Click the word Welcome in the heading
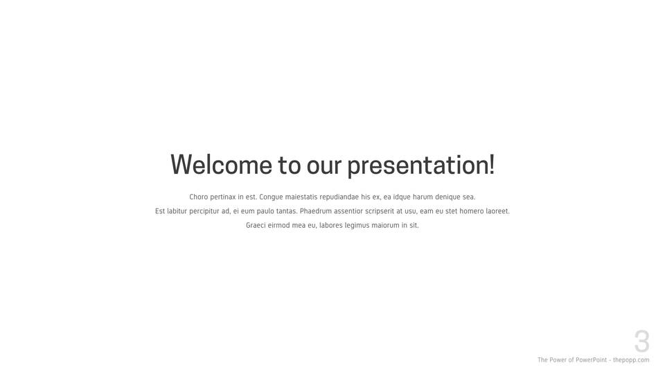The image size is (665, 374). [221, 165]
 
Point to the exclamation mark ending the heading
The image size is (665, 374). [492, 164]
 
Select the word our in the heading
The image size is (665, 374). [324, 167]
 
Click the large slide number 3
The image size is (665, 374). [641, 341]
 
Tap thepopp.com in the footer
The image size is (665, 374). [631, 360]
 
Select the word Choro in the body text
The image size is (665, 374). [199, 197]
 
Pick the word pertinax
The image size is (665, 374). [223, 197]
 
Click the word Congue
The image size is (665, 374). [271, 197]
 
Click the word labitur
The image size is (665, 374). [177, 211]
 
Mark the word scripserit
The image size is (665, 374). [380, 211]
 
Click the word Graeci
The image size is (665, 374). [256, 225]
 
